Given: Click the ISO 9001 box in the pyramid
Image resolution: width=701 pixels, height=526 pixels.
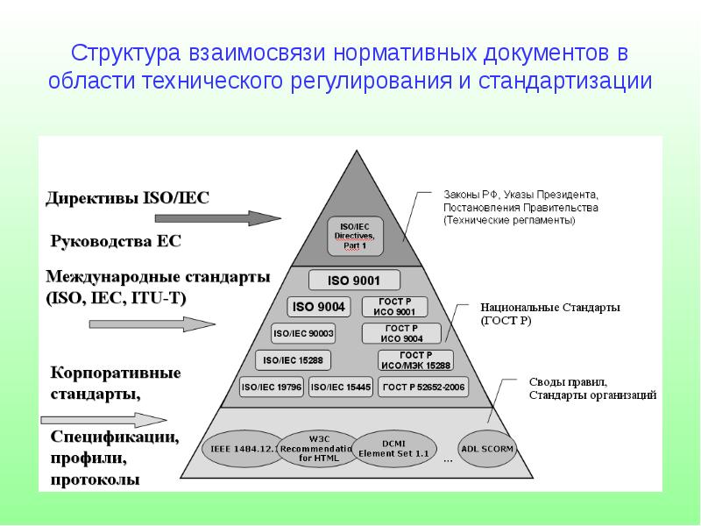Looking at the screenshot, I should (355, 281).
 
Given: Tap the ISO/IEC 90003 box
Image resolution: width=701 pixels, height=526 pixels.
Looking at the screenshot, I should (304, 333).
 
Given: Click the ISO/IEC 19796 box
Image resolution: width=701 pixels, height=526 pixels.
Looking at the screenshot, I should (271, 387).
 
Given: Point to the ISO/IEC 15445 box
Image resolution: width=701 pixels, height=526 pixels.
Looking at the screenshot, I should (341, 387).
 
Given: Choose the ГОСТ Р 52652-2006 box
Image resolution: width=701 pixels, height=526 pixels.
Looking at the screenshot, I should (424, 387).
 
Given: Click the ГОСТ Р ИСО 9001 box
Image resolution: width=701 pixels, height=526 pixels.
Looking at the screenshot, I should (393, 307).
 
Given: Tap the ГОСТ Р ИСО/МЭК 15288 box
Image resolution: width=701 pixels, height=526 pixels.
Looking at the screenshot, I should (414, 359).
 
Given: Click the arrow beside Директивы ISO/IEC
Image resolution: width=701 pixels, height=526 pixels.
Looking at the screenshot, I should (248, 217).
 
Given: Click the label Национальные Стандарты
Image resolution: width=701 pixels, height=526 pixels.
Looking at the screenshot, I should (550, 308).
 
